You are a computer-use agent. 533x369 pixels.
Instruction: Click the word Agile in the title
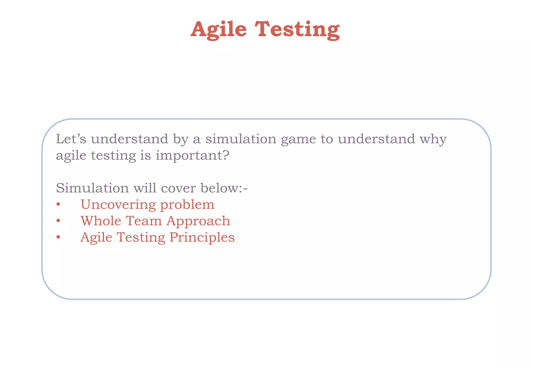[219, 29]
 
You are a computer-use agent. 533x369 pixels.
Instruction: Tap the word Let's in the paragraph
[71, 139]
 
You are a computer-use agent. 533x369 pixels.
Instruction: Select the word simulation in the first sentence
[241, 139]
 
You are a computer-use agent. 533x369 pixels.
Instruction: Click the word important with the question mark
[193, 156]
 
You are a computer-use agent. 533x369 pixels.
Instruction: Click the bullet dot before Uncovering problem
[58, 205]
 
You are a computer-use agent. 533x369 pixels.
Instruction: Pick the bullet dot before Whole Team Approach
[58, 221]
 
